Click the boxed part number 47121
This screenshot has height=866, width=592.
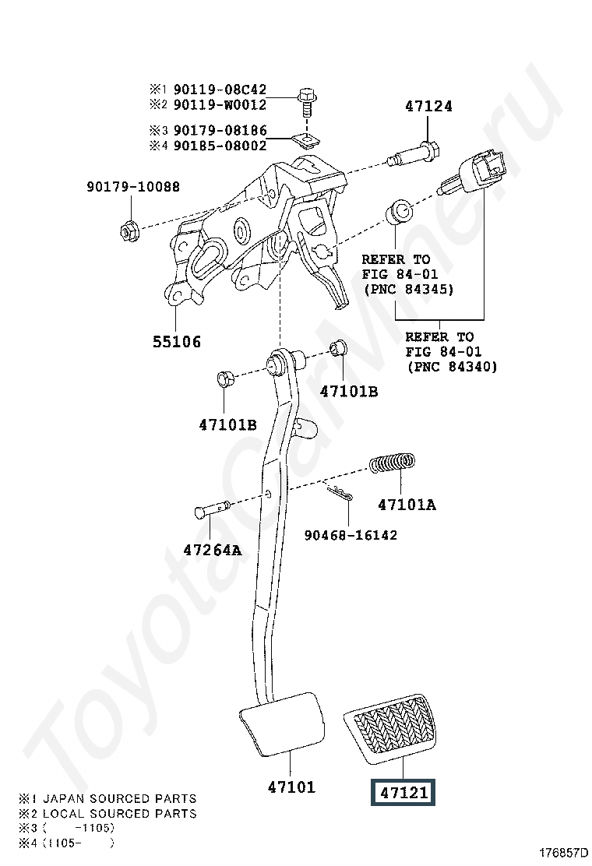403,793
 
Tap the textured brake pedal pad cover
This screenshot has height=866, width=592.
389,728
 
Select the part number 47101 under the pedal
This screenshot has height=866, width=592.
291,787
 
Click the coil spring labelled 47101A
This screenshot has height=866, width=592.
392,463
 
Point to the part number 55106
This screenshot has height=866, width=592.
177,341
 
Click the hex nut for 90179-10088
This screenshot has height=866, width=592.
129,230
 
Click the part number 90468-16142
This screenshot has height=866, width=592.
351,534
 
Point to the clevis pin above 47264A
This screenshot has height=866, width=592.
212,509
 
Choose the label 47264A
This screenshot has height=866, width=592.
213,550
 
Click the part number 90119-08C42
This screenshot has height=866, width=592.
220,89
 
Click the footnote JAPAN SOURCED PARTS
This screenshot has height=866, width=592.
119,798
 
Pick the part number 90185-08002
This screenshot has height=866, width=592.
220,146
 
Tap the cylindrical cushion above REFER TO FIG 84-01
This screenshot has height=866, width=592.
400,210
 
